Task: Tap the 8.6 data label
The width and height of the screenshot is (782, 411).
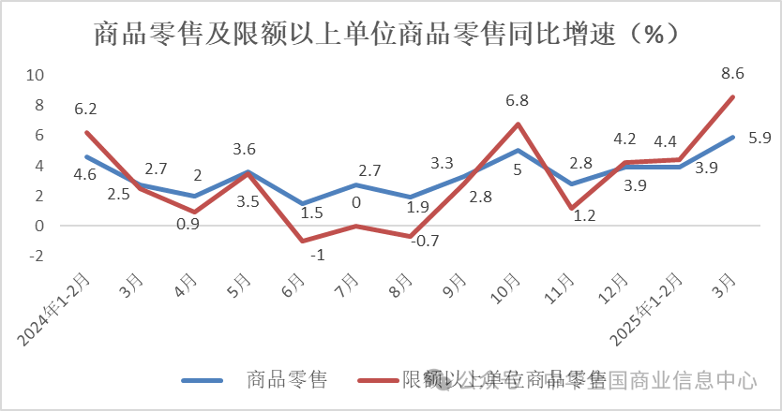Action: tap(733, 72)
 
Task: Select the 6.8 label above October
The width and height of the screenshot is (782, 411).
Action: tap(518, 100)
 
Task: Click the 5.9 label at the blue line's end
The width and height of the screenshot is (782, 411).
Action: tap(759, 138)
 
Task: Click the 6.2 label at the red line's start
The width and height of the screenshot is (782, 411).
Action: tap(86, 109)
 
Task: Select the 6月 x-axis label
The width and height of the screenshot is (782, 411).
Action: tap(295, 286)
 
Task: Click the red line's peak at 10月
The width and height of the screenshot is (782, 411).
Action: tap(518, 124)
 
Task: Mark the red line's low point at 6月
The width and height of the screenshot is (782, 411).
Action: tap(302, 241)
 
